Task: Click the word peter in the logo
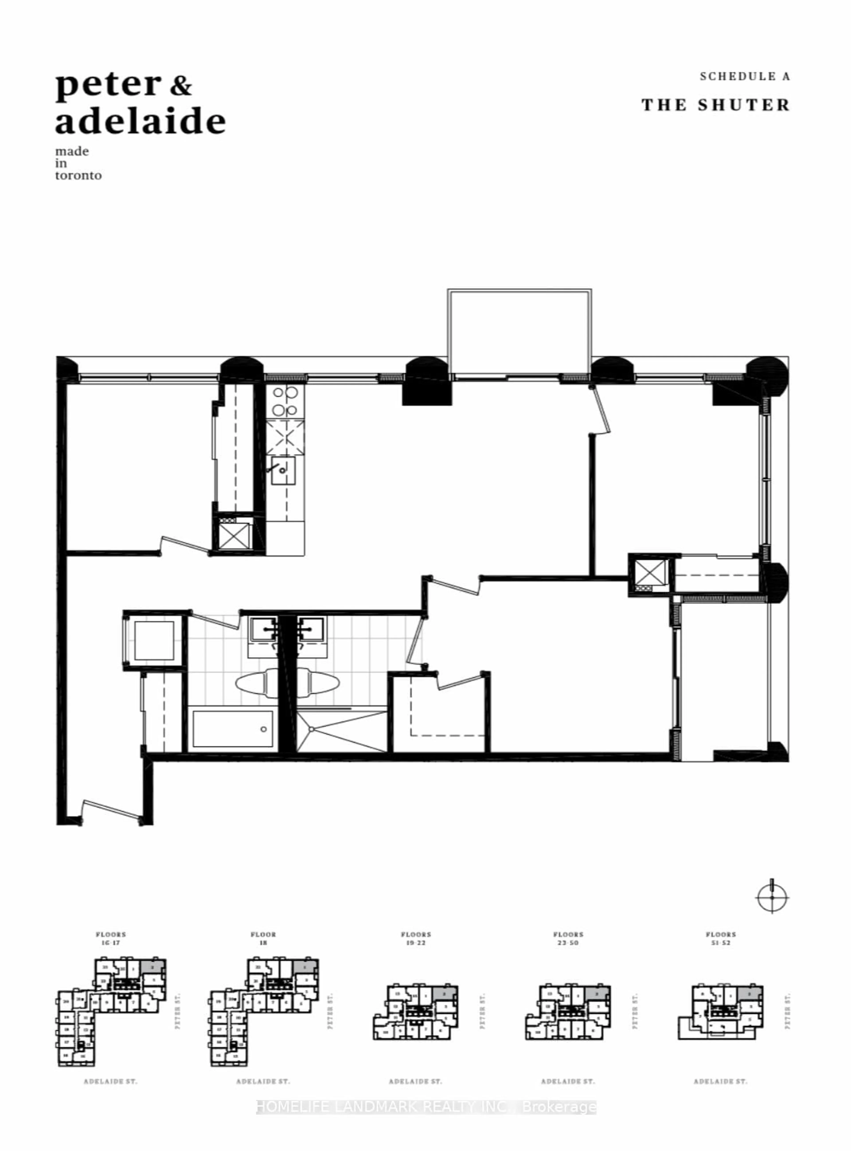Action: click(x=108, y=85)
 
